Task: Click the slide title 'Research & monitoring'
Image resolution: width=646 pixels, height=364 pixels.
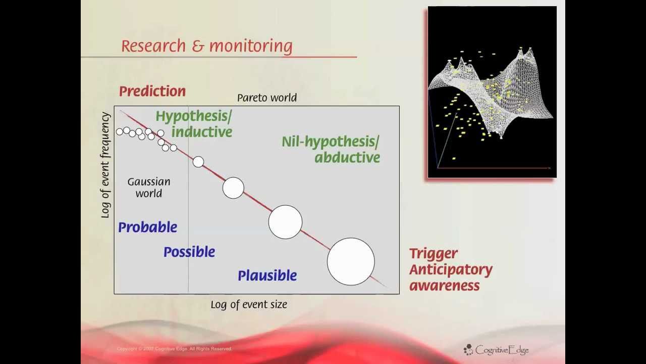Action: (206, 46)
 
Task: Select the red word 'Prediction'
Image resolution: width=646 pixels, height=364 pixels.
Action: (152, 92)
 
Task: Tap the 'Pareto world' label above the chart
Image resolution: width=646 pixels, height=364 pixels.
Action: (266, 98)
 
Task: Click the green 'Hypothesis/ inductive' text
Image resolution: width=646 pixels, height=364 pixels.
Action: (194, 124)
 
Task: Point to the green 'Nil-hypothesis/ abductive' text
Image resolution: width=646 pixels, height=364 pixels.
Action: (331, 149)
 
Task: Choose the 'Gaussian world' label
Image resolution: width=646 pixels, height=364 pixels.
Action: (148, 187)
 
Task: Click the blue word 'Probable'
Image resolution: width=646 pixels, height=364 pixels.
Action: (147, 227)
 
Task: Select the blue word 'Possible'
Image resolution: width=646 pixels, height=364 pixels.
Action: (189, 252)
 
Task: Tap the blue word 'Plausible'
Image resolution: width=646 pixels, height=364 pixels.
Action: (267, 276)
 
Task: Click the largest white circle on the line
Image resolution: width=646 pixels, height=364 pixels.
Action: (351, 261)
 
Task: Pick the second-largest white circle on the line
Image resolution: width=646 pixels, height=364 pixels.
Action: (285, 222)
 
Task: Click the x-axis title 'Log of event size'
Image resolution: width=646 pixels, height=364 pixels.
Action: (249, 304)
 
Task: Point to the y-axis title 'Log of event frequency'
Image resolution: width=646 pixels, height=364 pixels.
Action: (105, 165)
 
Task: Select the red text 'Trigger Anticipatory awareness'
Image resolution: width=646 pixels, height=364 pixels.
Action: (450, 269)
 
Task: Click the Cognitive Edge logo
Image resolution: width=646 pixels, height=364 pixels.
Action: (496, 349)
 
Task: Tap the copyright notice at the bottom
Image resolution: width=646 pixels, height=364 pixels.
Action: (174, 349)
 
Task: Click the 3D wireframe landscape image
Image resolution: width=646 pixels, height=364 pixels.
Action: (492, 92)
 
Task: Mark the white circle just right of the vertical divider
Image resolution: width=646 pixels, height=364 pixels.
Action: (198, 162)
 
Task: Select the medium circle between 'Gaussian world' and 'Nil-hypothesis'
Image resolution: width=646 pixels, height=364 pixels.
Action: (233, 188)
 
